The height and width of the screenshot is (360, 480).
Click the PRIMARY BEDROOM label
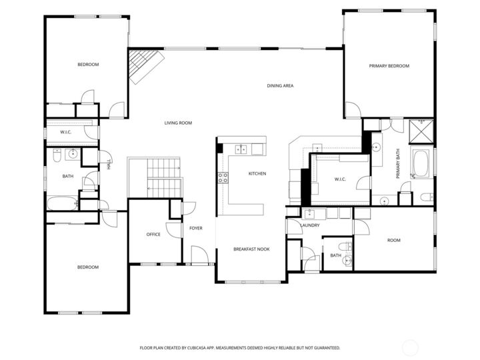pyautogui.click(x=389, y=66)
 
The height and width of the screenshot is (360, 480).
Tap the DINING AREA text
pyautogui.click(x=280, y=85)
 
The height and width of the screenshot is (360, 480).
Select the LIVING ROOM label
pyautogui.click(x=179, y=123)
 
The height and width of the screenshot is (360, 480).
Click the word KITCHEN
pyautogui.click(x=257, y=174)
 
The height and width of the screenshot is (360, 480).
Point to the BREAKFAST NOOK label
pyautogui.click(x=251, y=249)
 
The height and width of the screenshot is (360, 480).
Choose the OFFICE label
pyautogui.click(x=153, y=234)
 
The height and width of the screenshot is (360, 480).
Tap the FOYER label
pyautogui.click(x=195, y=229)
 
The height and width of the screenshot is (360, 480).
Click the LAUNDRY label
pyautogui.click(x=310, y=225)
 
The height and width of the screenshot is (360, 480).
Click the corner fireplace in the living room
pyautogui.click(x=143, y=66)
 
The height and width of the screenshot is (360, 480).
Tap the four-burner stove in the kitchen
pyautogui.click(x=223, y=177)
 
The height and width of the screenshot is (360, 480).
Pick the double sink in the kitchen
pyautogui.click(x=241, y=149)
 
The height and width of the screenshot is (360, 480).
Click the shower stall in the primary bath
pyautogui.click(x=421, y=131)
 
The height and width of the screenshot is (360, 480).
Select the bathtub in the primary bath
pyautogui.click(x=421, y=164)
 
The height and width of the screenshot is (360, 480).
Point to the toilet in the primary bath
pyautogui.click(x=426, y=197)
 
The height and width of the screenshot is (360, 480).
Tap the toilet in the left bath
pyautogui.click(x=58, y=155)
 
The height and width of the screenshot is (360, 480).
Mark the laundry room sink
pyautogui.click(x=309, y=213)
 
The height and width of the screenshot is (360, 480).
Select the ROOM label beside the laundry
pyautogui.click(x=394, y=240)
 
